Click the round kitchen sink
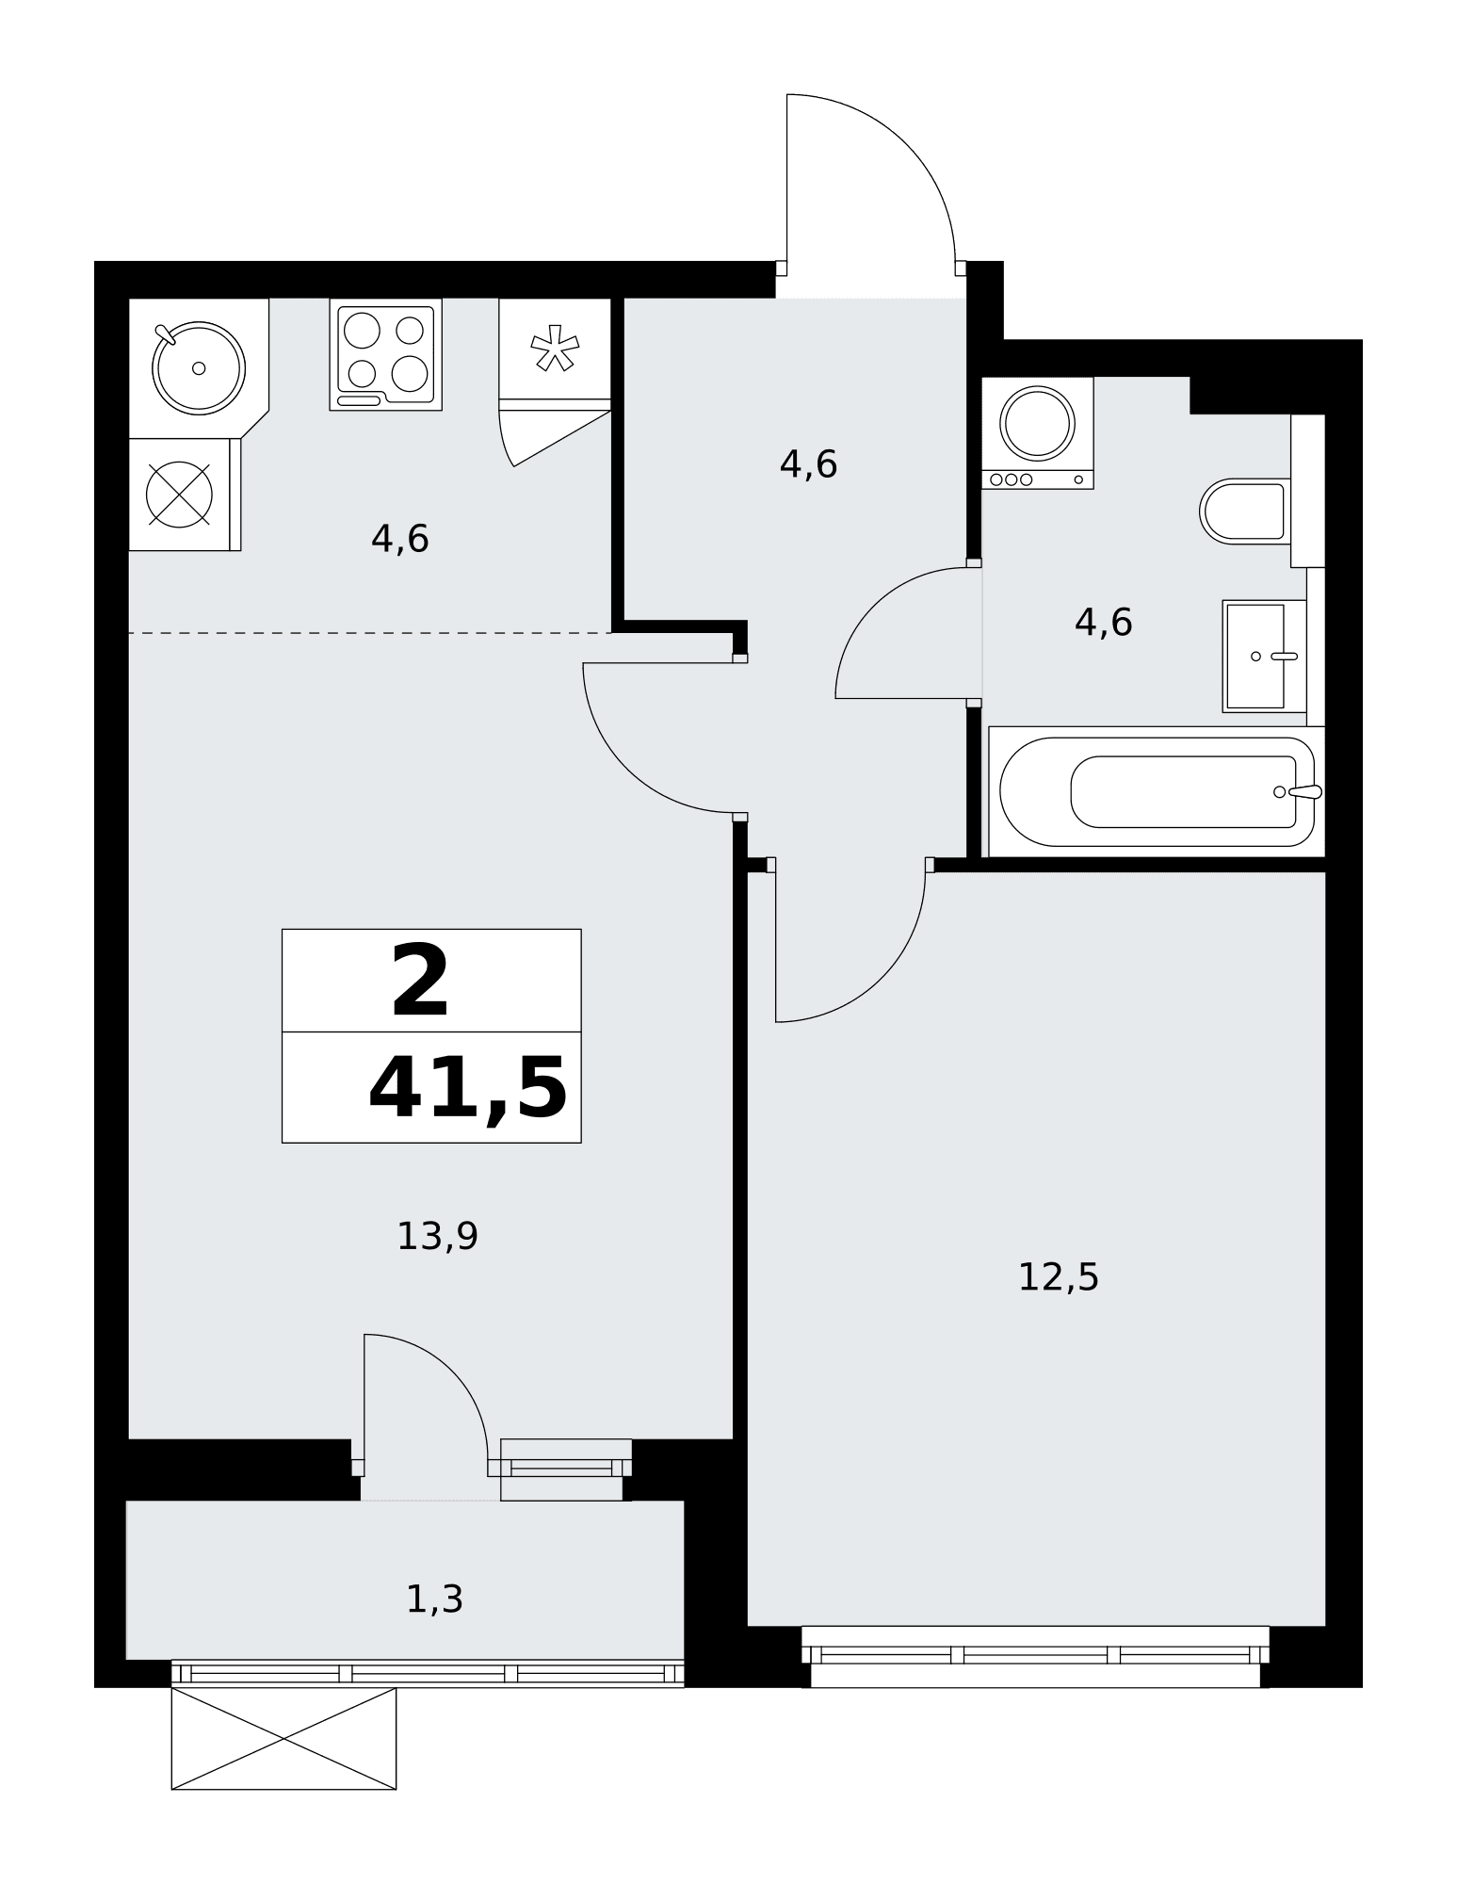tap(199, 367)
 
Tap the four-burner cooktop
tap(386, 354)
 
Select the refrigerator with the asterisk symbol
tap(555, 354)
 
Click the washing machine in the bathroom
tap(1037, 432)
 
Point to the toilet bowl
tap(1243, 512)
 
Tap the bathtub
tap(1157, 791)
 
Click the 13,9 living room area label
tap(437, 1236)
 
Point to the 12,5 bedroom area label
tap(1058, 1277)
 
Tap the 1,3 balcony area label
tap(434, 1600)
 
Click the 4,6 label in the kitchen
tap(399, 540)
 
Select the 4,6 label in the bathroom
tap(1103, 623)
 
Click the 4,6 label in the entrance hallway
tap(808, 464)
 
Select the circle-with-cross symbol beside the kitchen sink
tap(179, 494)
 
